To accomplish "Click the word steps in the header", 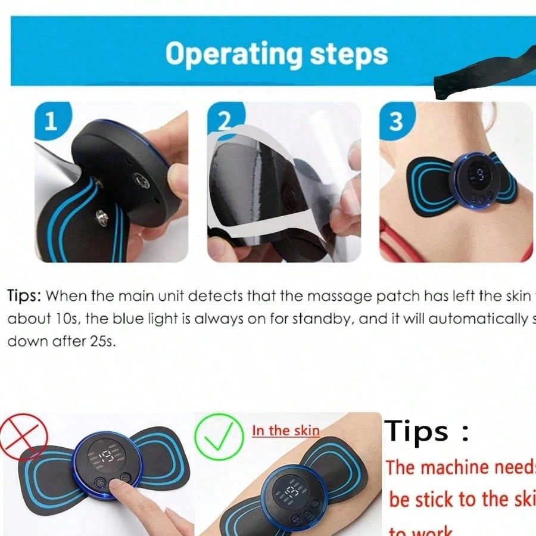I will click(348, 55).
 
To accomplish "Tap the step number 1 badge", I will click(51, 121).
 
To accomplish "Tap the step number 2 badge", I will click(223, 121).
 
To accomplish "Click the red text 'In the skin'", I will click(285, 431).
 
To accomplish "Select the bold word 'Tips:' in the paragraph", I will click(24, 295).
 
